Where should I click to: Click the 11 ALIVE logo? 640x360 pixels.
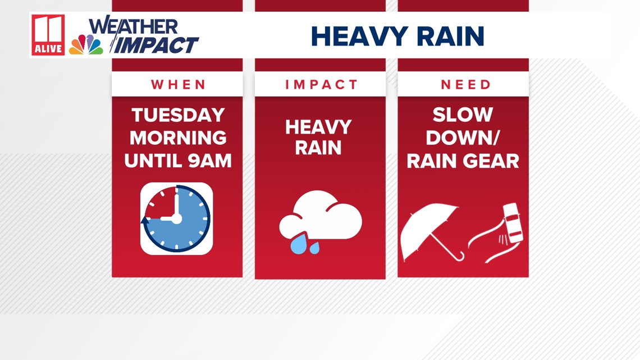click(x=48, y=35)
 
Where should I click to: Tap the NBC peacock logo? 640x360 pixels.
click(x=86, y=44)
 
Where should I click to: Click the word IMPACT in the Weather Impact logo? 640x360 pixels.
click(x=156, y=45)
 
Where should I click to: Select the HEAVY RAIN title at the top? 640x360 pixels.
click(x=397, y=37)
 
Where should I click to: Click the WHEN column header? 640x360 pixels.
click(x=179, y=84)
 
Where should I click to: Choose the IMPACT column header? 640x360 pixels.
click(x=321, y=84)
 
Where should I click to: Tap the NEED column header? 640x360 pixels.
click(x=466, y=84)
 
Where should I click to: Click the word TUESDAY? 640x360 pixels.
click(x=179, y=115)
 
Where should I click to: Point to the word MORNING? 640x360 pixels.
click(x=178, y=138)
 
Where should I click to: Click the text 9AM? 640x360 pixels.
click(x=210, y=161)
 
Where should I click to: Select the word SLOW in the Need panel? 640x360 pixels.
click(x=463, y=115)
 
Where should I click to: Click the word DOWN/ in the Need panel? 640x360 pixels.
click(x=463, y=138)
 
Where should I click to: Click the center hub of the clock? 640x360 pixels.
click(x=176, y=219)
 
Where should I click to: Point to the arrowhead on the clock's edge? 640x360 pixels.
click(x=145, y=220)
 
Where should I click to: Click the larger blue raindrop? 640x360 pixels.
click(x=298, y=243)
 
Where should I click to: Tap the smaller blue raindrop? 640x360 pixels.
click(x=314, y=247)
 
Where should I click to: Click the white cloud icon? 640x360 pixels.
click(x=321, y=216)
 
